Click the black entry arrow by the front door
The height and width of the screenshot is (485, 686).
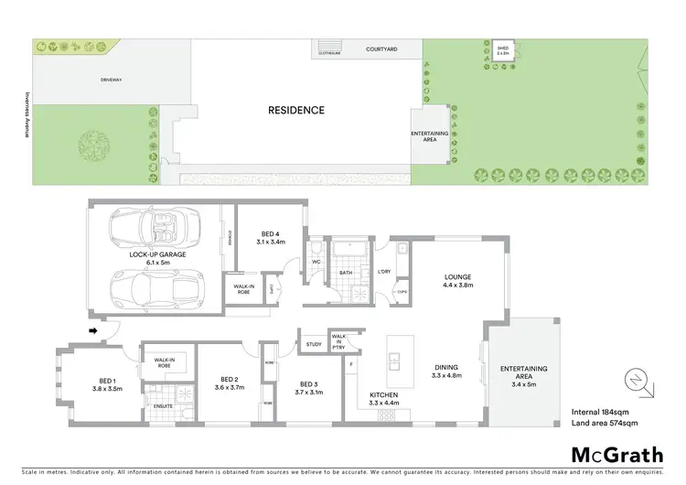click(x=93, y=330)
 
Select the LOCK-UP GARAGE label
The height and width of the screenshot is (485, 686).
click(x=158, y=258)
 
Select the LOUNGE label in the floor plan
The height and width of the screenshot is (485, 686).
click(x=456, y=279)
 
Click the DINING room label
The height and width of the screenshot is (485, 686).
click(x=447, y=371)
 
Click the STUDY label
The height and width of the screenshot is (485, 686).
click(x=314, y=345)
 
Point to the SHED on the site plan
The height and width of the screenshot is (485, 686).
click(x=502, y=49)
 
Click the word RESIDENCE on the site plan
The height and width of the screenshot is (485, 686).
click(x=295, y=111)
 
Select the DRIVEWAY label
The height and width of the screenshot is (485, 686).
click(x=112, y=80)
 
